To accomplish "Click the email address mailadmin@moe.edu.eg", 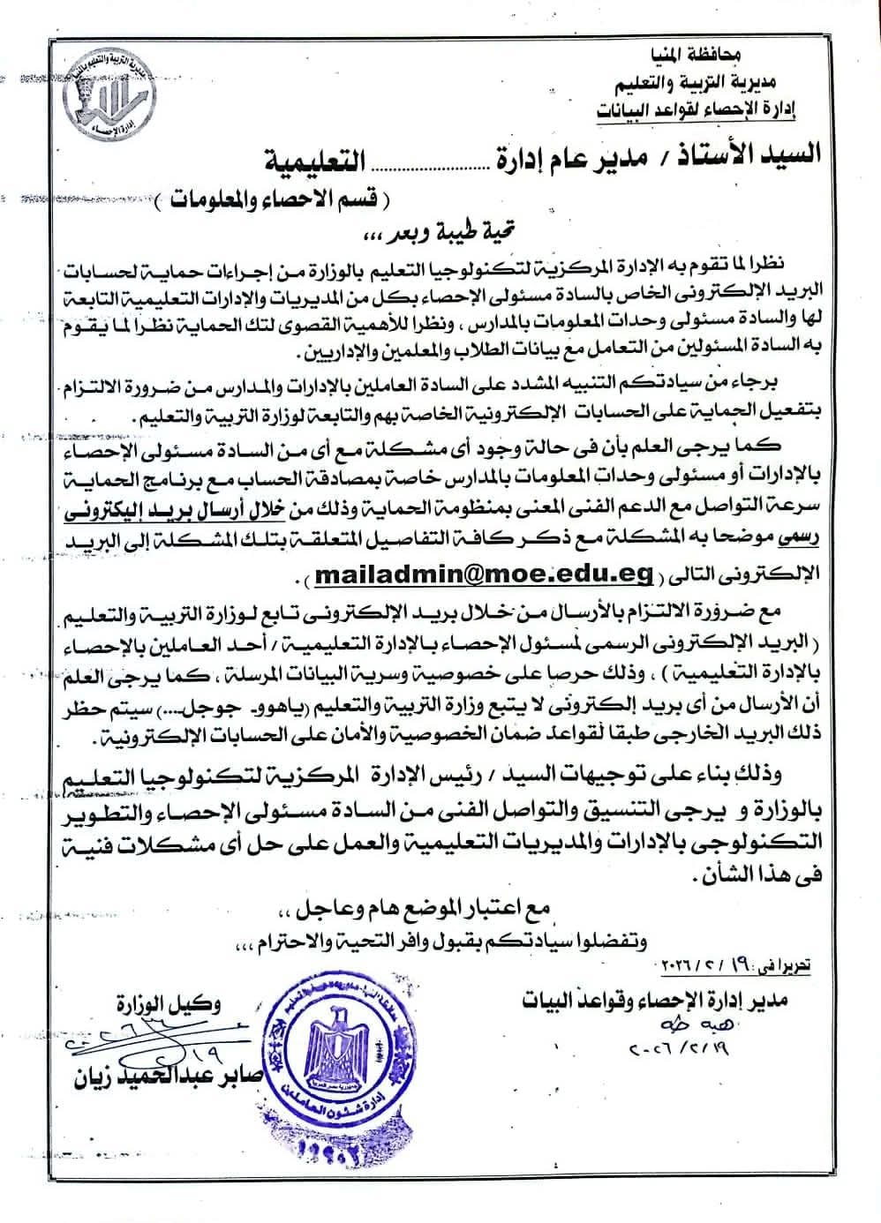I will click(x=483, y=574).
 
